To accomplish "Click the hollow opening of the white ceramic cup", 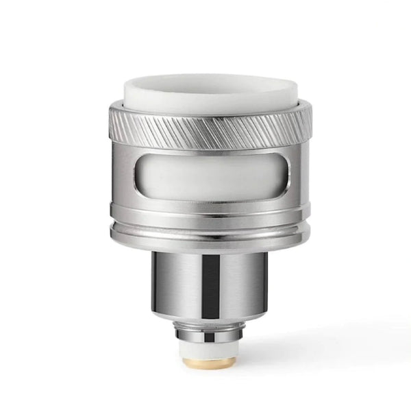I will click(206, 82).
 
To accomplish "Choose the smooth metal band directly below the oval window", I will click(206, 209).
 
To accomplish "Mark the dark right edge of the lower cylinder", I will click(248, 285).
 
